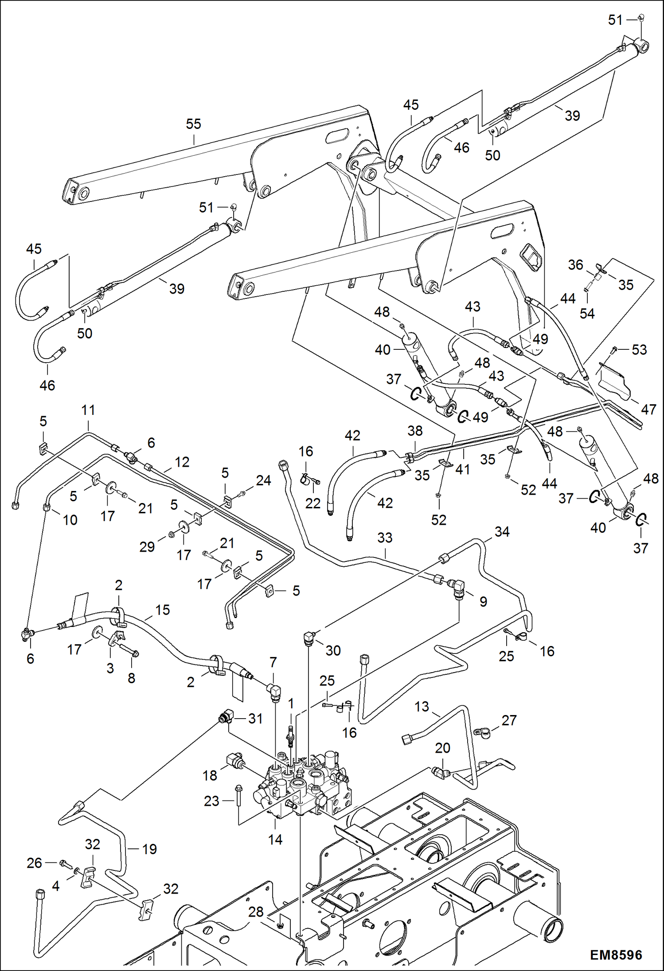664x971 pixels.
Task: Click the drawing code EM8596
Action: pos(616,955)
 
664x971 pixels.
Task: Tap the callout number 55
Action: pos(193,124)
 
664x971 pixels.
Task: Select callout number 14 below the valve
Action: pos(275,839)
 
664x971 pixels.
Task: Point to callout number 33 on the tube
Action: pos(384,538)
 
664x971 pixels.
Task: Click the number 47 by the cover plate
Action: pos(648,409)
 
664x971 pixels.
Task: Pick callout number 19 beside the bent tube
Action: pos(149,849)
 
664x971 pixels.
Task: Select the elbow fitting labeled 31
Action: pos(225,716)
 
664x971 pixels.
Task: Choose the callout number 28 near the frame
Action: pos(256,912)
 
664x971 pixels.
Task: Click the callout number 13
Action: pos(422,707)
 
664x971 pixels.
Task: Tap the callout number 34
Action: pos(502,531)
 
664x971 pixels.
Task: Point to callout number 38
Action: pos(415,431)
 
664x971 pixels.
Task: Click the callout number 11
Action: pos(88,410)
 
